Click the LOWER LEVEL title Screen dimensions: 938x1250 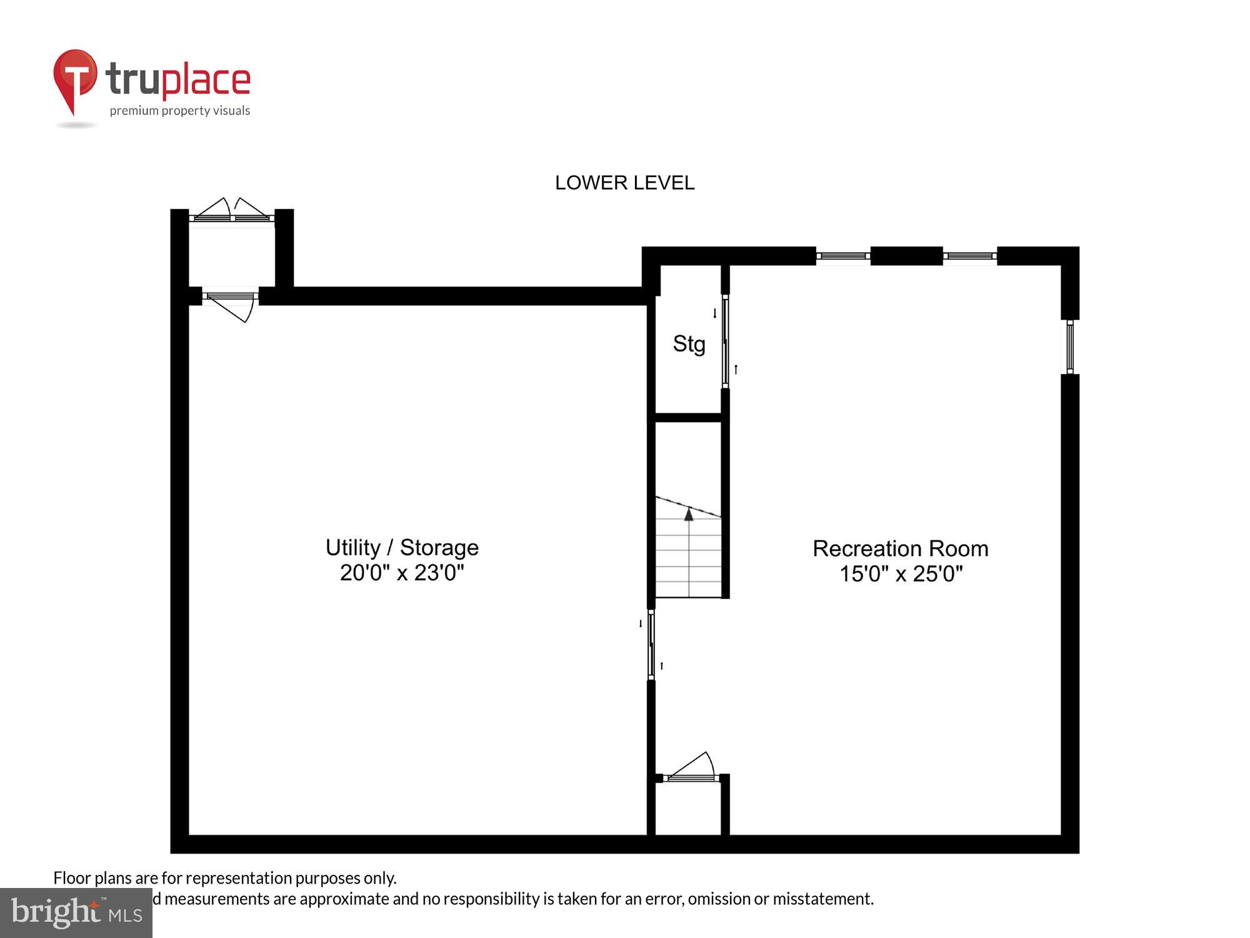(624, 183)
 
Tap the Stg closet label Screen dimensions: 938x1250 (689, 343)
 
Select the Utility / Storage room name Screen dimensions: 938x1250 (402, 547)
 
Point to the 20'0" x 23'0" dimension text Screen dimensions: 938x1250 (402, 572)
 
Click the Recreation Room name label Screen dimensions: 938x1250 (900, 548)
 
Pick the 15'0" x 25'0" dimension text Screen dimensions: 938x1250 (900, 573)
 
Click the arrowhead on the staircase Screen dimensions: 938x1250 (689, 515)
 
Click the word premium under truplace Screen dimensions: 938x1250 (130, 111)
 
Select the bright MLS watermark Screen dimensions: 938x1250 (76, 913)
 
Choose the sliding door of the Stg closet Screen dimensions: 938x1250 (725, 341)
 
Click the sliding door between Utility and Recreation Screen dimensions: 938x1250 (651, 645)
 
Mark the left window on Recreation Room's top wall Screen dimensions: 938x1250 (843, 256)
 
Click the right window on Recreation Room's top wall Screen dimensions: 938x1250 (969, 256)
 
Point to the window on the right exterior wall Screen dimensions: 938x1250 (1070, 346)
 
